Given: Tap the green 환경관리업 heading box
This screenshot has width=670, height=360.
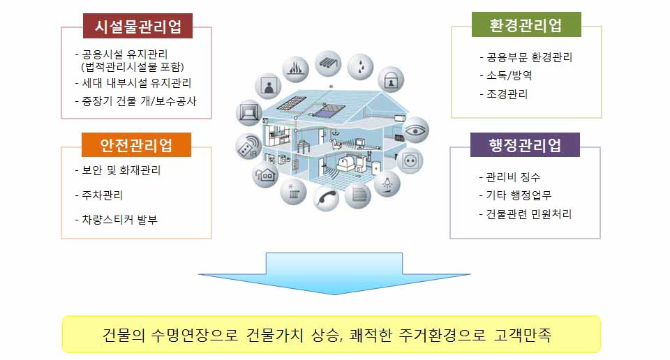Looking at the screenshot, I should coord(526,26).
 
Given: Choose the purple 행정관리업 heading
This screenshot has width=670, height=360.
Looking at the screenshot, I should coord(525,145).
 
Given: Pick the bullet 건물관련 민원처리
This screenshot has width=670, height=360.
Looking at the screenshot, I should coord(529,213).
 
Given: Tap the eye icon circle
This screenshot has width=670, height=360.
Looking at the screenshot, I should coord(415,129).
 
